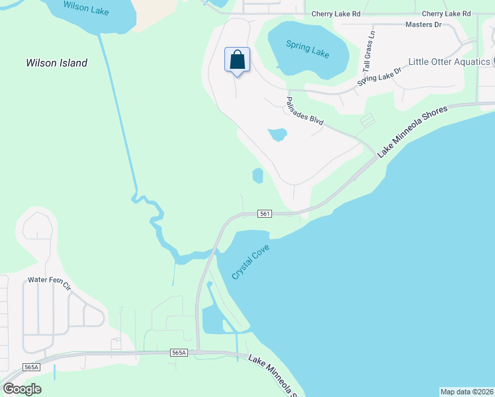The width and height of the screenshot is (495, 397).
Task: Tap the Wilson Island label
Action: [56, 64]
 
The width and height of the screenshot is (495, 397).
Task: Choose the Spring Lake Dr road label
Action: [380, 77]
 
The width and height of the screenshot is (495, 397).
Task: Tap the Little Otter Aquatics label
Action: [449, 62]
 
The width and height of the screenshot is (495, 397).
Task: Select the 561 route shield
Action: [265, 214]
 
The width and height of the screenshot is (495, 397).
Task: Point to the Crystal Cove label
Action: [251, 261]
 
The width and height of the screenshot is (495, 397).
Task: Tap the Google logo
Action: [22, 389]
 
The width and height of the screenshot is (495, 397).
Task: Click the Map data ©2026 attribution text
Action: [467, 392]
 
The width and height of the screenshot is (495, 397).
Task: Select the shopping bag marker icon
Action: [238, 61]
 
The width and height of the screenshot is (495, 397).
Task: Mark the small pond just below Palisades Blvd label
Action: [277, 135]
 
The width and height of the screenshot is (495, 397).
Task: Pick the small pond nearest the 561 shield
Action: [257, 176]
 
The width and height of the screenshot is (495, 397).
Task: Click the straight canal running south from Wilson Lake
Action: [118, 112]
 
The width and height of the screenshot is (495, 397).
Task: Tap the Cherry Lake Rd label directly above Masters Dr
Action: [447, 14]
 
